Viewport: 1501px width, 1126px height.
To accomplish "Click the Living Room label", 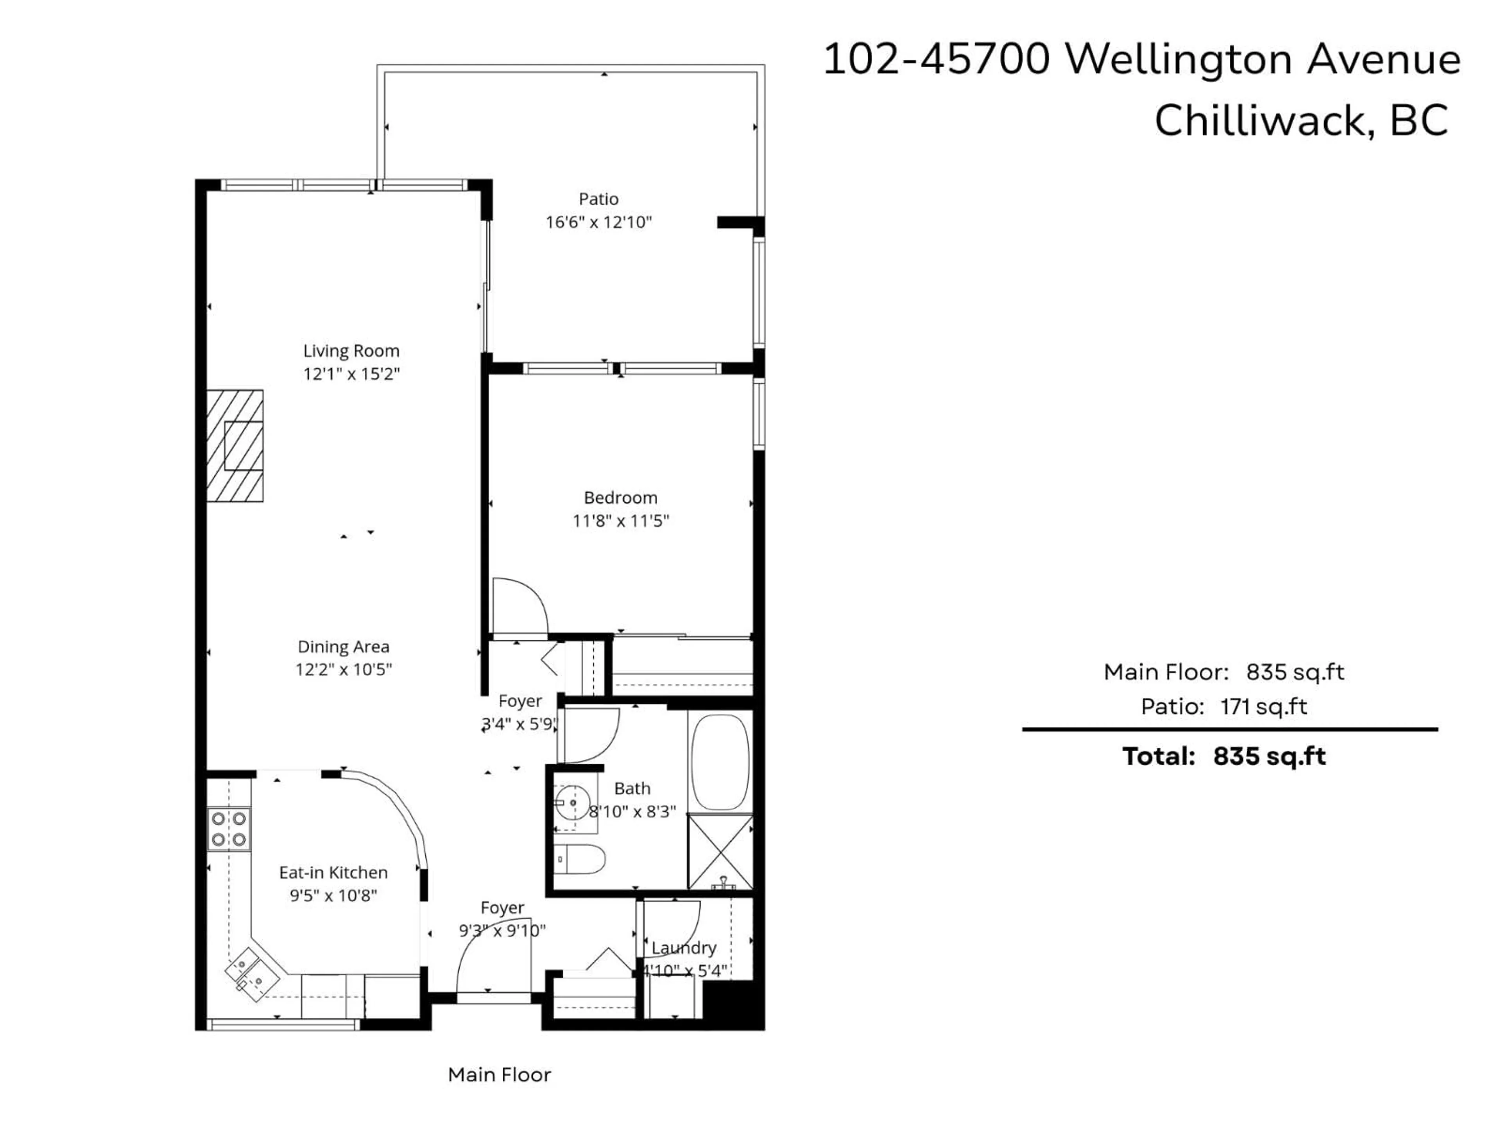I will [x=351, y=351].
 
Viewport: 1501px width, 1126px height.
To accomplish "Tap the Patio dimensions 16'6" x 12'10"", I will [x=598, y=222].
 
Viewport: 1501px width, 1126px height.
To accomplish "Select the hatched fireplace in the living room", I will [x=235, y=446].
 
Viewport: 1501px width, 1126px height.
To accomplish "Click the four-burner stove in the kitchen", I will [x=229, y=829].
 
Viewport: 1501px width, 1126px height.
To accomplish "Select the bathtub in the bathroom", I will [x=720, y=761].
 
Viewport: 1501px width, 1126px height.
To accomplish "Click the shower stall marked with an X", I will [x=720, y=852].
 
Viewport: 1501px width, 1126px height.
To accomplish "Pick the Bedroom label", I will [x=620, y=497].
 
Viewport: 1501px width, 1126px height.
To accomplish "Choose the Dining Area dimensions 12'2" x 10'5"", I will [x=343, y=670].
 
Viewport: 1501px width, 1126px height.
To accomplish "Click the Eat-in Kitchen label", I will [x=333, y=872].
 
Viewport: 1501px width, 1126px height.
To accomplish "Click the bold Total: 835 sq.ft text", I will [x=1223, y=756].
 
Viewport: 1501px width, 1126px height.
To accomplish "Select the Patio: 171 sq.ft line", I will [x=1223, y=706].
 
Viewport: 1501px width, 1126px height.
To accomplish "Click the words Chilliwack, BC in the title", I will [x=1301, y=121].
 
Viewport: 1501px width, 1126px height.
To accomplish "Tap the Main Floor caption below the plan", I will [x=500, y=1074].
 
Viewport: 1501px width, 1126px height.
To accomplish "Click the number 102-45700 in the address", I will [x=937, y=60].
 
